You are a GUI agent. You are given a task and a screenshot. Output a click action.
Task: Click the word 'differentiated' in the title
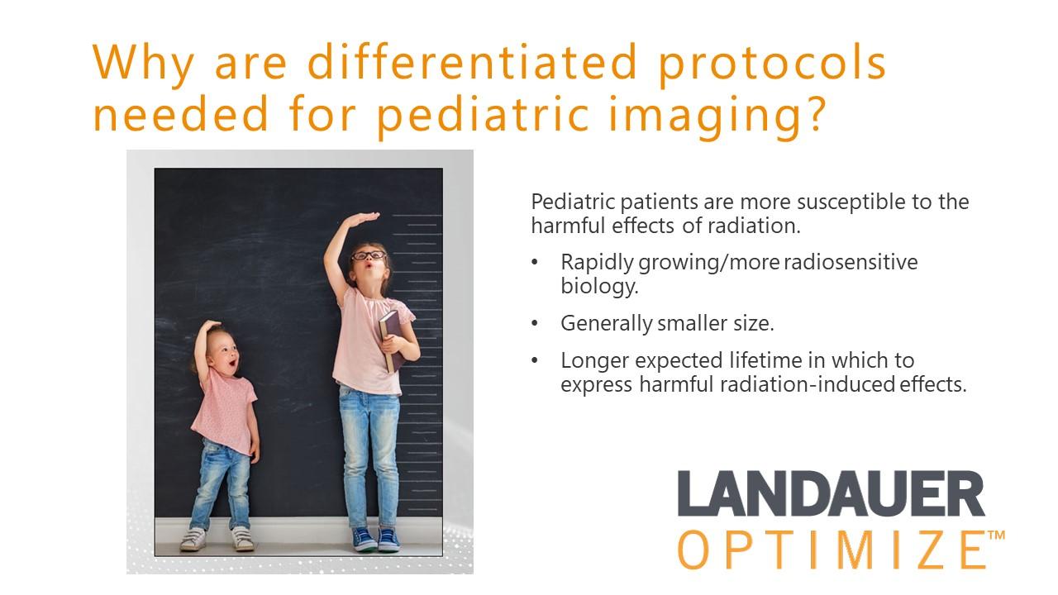coord(473,62)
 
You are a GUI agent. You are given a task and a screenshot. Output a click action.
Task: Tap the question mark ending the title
coord(813,113)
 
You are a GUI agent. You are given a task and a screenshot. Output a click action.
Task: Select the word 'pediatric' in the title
coord(484,117)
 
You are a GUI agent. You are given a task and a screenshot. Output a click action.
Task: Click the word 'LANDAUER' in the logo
coord(832,493)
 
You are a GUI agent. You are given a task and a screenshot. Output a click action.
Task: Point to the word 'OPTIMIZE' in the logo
coord(832,550)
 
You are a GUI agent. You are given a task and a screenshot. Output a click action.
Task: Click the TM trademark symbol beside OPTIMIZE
coord(996,535)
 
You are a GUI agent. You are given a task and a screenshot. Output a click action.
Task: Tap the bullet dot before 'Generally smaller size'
coord(535,323)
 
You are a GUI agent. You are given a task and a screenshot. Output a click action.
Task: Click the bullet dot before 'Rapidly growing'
coord(535,262)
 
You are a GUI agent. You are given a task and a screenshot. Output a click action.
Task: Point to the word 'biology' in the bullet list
coord(599,286)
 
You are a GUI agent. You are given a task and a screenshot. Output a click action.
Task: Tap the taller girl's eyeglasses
coord(369,256)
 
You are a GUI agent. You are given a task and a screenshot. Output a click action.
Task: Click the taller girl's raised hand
coord(361,219)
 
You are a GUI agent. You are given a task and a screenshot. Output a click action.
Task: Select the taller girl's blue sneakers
coord(376,540)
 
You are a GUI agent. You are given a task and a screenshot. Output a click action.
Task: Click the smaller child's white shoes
coord(217,539)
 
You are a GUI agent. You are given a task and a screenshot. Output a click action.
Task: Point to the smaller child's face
coord(225,355)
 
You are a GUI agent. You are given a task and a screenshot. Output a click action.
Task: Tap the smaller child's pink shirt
coord(224,411)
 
